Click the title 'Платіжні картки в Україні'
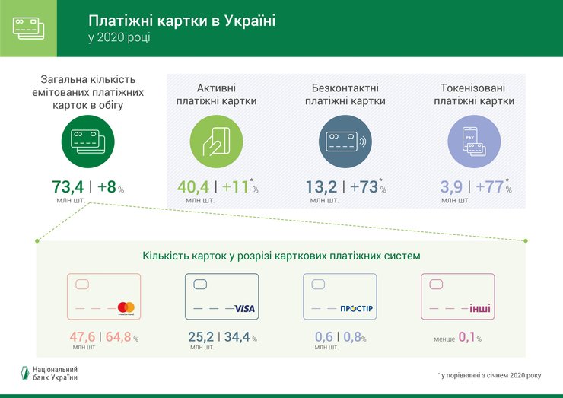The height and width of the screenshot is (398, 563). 182,20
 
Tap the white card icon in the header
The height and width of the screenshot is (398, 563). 28,27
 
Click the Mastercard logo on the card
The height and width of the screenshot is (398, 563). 126,308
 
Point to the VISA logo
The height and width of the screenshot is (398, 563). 244,308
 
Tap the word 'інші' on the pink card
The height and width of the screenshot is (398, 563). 481,308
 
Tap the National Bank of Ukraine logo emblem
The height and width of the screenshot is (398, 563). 24,373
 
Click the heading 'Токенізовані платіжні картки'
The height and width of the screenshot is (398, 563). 474,94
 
